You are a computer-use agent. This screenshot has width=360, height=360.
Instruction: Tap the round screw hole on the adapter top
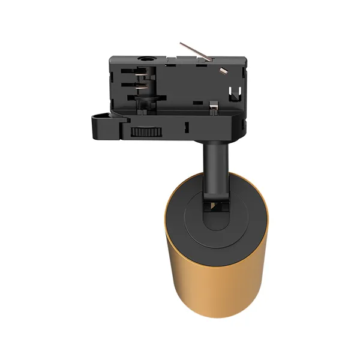[x=146, y=59]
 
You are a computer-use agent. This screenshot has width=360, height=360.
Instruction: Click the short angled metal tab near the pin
[x=223, y=71]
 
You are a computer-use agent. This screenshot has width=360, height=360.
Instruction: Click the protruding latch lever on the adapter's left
[x=102, y=123]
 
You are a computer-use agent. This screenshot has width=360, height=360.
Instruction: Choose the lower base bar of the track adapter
[x=180, y=129]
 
